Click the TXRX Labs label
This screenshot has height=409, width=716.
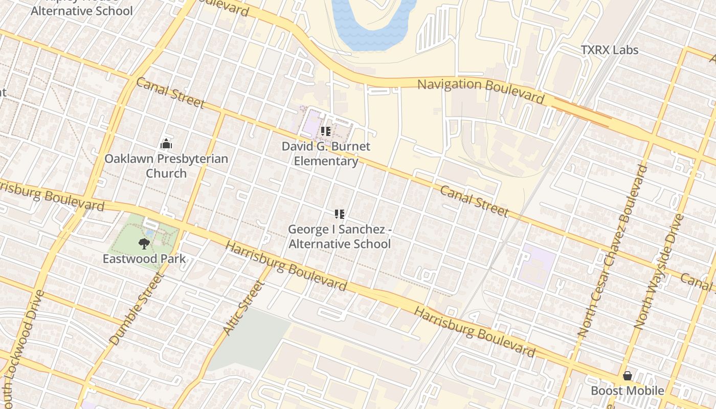610,50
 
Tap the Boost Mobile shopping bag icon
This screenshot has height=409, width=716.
628,376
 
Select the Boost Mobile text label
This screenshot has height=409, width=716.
628,391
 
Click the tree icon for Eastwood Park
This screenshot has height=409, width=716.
144,244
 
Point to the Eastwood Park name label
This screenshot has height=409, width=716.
144,259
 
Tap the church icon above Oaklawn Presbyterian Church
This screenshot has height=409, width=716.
166,144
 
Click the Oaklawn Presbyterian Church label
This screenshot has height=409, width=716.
166,166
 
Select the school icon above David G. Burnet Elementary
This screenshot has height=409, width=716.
326,131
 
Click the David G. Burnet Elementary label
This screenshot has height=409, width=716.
326,153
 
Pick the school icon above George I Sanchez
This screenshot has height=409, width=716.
340,214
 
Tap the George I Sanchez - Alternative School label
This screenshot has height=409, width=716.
340,237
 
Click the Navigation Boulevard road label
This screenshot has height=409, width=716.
481,90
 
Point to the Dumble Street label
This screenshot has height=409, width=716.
136,310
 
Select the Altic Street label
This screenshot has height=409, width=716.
243,308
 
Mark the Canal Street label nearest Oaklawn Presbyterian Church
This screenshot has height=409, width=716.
170,93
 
